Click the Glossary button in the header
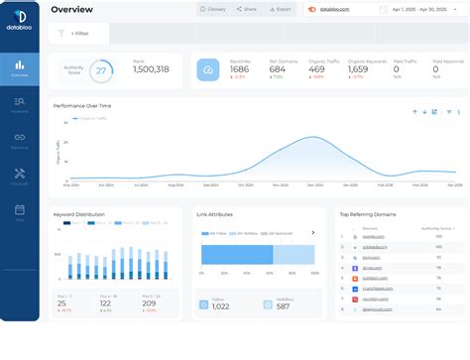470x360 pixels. [x=212, y=9]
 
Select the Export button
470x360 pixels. [x=281, y=9]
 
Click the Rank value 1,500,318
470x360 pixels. [x=150, y=69]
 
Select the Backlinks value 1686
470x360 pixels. [x=240, y=69]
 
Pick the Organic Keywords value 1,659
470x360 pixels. [x=358, y=69]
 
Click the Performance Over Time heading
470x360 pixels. [x=82, y=104]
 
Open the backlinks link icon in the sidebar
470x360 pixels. [x=20, y=137]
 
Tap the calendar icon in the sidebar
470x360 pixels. [x=20, y=209]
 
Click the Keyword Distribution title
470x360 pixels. [x=80, y=213]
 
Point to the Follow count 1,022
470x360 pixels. [x=221, y=306]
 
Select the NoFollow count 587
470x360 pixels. [x=283, y=306]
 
